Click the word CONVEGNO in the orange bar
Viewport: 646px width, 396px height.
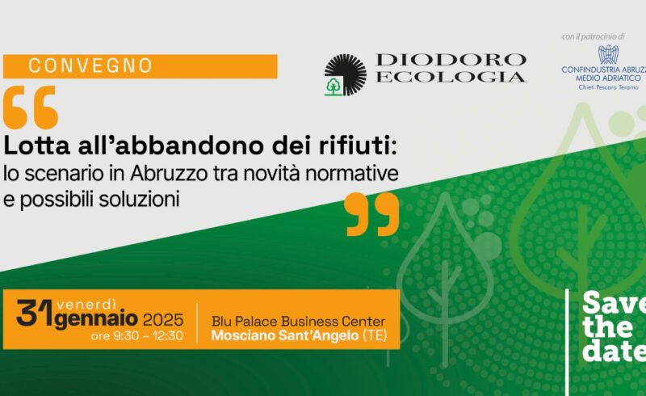click(x=90, y=66)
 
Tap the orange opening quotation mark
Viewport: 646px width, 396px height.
click(x=31, y=107)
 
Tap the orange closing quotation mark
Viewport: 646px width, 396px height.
click(x=372, y=214)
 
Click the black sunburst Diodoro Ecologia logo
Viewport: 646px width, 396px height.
click(x=346, y=74)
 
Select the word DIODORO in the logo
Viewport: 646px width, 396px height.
click(x=451, y=61)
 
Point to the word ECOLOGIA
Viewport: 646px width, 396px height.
click(x=451, y=77)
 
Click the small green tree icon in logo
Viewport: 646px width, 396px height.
click(x=333, y=86)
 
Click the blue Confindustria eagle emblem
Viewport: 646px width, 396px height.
click(x=609, y=55)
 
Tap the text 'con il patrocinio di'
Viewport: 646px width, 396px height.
click(x=594, y=36)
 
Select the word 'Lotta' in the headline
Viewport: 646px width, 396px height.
click(x=37, y=146)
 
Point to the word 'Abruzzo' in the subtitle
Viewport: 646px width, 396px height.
click(x=169, y=174)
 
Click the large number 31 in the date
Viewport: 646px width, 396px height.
click(x=36, y=313)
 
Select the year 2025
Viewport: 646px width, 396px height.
click(x=163, y=320)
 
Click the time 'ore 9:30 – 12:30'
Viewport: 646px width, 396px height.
click(x=137, y=335)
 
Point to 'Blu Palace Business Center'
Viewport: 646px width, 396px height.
click(x=298, y=322)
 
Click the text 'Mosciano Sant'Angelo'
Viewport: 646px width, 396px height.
click(x=285, y=335)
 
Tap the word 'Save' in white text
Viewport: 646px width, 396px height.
click(x=614, y=303)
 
